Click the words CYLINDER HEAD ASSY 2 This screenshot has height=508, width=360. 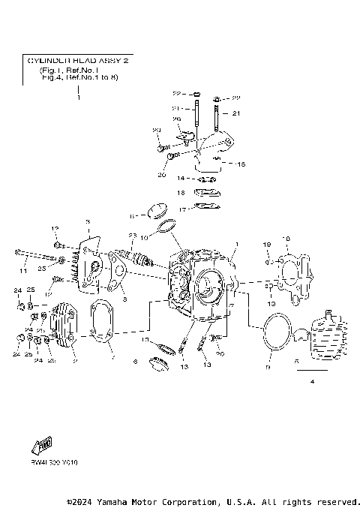(x=78, y=60)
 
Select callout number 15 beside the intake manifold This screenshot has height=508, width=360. (x=241, y=164)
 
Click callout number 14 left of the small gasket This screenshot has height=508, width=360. (x=181, y=179)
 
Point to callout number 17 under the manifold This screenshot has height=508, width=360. (x=181, y=207)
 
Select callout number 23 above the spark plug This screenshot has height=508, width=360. (x=132, y=236)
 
